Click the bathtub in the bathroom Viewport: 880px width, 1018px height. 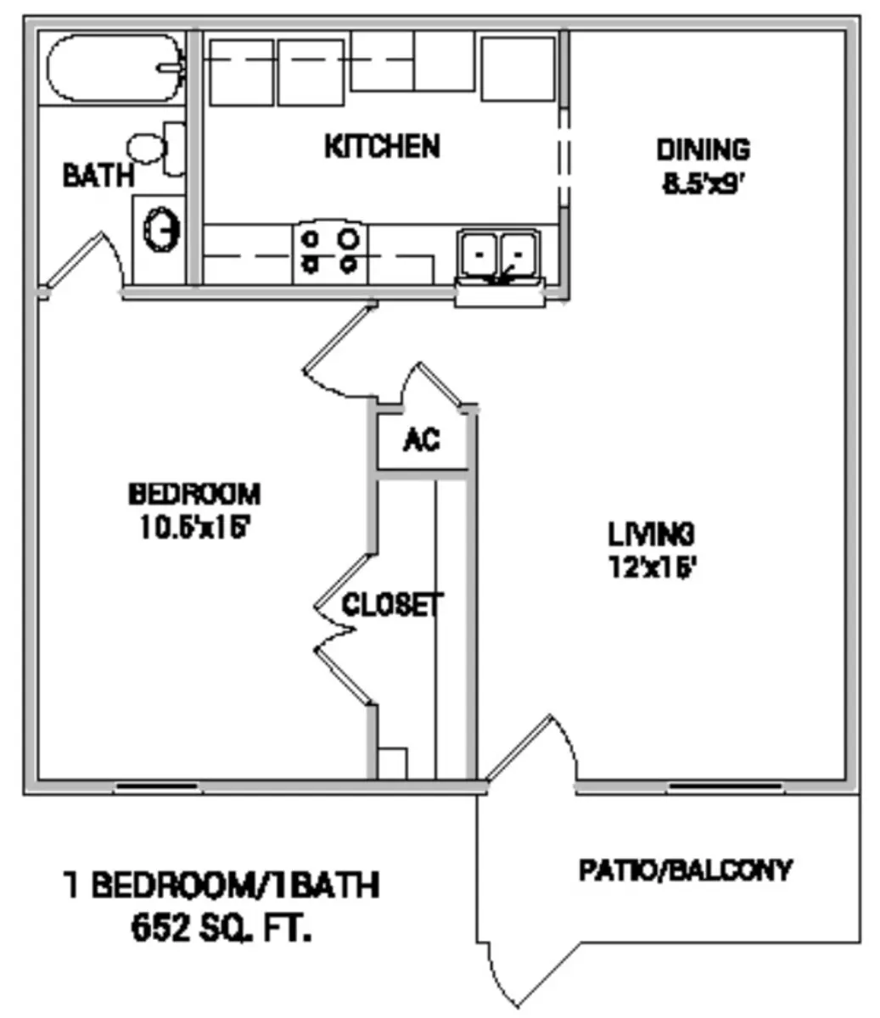[115, 68]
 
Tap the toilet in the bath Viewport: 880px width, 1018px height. [158, 148]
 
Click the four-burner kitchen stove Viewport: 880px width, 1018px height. [330, 253]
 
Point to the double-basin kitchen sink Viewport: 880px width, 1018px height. [498, 255]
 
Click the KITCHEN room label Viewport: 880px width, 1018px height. [382, 147]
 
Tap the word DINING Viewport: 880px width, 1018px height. [703, 150]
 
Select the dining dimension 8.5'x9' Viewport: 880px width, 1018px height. [703, 183]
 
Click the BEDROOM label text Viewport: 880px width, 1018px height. [194, 493]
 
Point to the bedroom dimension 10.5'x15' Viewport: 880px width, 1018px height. [194, 527]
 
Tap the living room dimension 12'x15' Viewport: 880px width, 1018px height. [652, 566]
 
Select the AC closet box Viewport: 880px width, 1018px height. [422, 440]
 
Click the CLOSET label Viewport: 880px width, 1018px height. [391, 605]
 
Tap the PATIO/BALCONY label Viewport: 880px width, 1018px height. [685, 870]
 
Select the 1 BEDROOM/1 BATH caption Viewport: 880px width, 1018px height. [221, 887]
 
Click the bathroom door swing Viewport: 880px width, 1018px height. [81, 260]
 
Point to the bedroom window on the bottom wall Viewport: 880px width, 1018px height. [158, 786]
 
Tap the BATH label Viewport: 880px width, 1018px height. [98, 176]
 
